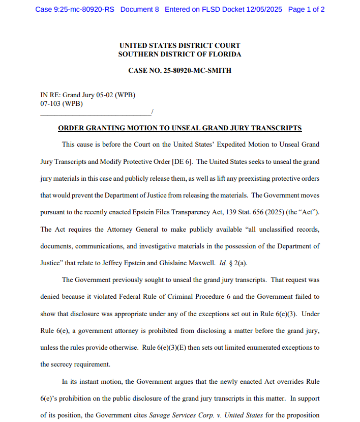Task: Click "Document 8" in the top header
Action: (x=140, y=10)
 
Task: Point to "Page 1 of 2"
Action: (x=306, y=10)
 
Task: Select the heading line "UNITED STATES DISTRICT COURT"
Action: (x=179, y=45)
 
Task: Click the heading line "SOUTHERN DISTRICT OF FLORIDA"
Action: (x=179, y=54)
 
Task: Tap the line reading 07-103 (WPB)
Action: (x=62, y=103)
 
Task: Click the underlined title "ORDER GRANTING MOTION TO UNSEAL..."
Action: (x=179, y=128)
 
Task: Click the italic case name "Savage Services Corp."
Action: (x=181, y=415)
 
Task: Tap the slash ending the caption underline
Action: (x=152, y=111)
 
